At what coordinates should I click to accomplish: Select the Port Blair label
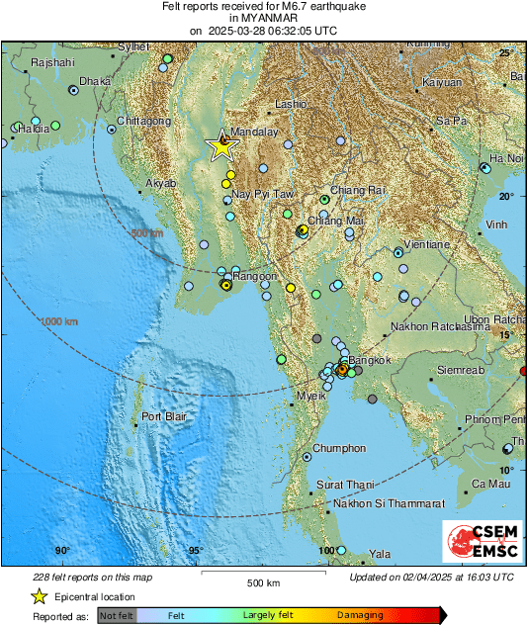163,417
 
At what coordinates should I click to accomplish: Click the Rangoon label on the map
254,276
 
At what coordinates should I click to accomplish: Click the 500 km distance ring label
144,232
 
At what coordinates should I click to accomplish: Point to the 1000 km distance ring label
58,321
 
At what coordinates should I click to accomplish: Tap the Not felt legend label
116,615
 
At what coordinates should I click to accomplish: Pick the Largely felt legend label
266,615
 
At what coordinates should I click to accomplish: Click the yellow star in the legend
40,596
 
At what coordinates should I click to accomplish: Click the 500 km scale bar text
260,582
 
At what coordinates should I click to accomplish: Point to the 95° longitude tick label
196,551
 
